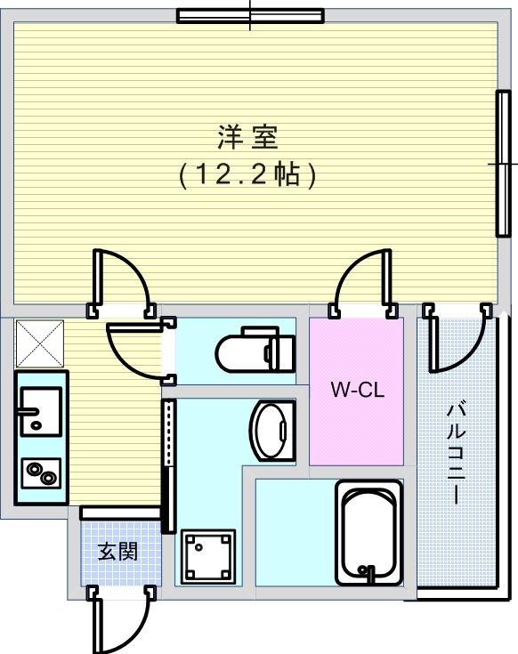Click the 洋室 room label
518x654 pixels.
247,137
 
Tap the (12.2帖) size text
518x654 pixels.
247,174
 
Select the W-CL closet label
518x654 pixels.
358,390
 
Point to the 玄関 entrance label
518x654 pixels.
117,553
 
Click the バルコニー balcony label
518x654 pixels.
456,453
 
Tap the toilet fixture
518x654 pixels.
255,350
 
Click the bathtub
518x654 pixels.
368,533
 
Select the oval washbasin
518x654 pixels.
272,430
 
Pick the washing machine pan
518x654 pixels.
208,556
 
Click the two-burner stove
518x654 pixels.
41,473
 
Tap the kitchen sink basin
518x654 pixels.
41,411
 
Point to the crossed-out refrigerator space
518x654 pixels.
40,343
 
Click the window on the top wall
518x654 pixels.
250,16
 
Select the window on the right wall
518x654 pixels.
504,164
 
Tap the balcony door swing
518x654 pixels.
457,338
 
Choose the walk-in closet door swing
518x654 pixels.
361,283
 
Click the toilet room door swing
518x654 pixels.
141,351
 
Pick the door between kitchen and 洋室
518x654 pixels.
121,283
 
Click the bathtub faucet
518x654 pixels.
368,573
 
